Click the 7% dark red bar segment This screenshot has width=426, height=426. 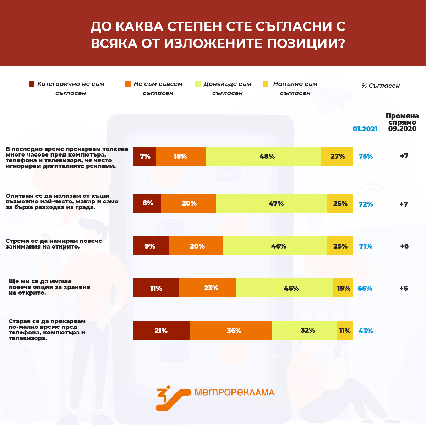click(144, 156)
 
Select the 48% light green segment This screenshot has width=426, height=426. click(263, 156)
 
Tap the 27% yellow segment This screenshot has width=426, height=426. click(337, 156)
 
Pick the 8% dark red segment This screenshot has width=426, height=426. click(147, 203)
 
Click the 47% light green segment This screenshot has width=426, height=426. click(271, 203)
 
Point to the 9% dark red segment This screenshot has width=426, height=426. click(151, 246)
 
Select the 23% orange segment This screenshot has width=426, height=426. click(207, 288)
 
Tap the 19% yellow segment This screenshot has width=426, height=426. click(343, 288)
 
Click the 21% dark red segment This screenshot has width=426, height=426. click(161, 331)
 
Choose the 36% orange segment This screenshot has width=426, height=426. click(231, 331)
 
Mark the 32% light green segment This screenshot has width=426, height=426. click(304, 331)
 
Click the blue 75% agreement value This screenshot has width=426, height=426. click(366, 156)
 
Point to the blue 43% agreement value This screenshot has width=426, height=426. click(366, 331)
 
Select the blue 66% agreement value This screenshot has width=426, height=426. click(365, 288)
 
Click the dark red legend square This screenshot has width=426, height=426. click(32, 84)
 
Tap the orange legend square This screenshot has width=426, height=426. click(128, 84)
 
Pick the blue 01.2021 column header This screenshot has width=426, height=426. click(365, 129)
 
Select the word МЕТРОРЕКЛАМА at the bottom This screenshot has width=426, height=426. click(234, 392)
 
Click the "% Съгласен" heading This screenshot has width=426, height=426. click(381, 86)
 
